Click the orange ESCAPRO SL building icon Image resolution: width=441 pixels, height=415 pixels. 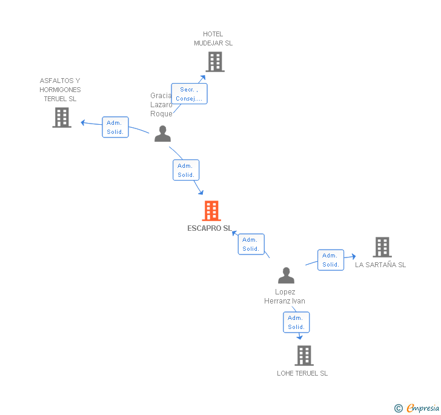(x=211, y=211)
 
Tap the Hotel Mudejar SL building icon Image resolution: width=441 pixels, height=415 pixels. (x=214, y=61)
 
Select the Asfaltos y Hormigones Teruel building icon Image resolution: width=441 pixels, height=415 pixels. (x=62, y=118)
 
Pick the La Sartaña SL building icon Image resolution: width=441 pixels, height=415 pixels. (x=382, y=247)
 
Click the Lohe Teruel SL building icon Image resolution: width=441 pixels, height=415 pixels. (x=303, y=356)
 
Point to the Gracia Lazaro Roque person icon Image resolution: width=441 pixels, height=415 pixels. (x=162, y=134)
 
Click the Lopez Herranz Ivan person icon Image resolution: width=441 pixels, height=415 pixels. (x=286, y=276)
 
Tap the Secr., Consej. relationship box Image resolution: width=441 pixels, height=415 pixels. (x=189, y=94)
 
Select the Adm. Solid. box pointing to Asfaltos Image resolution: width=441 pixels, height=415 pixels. (x=115, y=127)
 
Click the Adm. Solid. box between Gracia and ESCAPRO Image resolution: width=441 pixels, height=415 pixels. (x=186, y=170)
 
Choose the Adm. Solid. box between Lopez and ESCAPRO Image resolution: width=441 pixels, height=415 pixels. (x=251, y=244)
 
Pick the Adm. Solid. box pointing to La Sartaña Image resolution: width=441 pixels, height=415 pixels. (x=331, y=260)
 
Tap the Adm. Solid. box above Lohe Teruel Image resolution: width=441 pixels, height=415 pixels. (x=296, y=322)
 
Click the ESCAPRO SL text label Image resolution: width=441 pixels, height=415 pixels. (x=209, y=228)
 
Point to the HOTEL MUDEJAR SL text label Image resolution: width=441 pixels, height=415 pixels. (x=213, y=39)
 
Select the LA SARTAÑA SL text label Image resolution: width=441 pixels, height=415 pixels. (x=380, y=265)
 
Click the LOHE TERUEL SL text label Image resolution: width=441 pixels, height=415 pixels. (x=302, y=373)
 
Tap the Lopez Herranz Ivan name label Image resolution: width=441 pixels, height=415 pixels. (x=285, y=296)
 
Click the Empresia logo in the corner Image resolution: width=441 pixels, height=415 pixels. (x=417, y=408)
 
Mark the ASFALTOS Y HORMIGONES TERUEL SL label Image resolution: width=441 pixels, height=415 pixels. (x=60, y=90)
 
